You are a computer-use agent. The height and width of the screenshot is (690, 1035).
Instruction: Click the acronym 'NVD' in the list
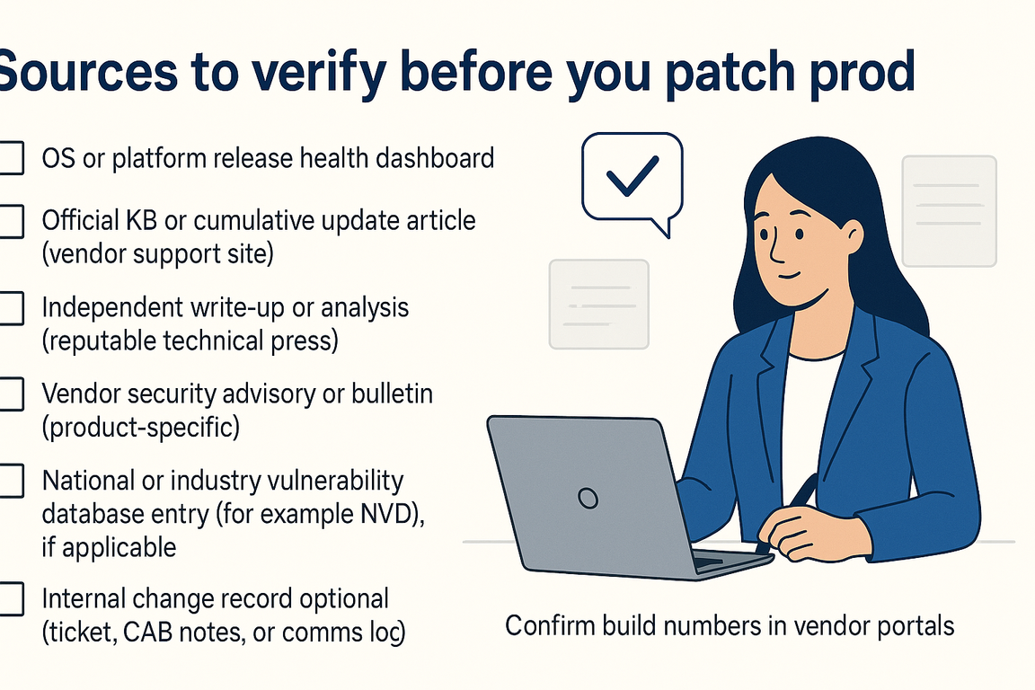click(x=383, y=515)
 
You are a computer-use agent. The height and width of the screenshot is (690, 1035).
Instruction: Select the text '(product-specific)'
click(x=141, y=428)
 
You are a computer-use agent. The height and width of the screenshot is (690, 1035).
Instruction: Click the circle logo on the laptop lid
click(x=588, y=497)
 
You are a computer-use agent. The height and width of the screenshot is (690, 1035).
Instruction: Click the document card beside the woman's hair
click(x=949, y=211)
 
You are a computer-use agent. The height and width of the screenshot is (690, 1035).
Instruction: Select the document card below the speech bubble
click(x=598, y=304)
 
